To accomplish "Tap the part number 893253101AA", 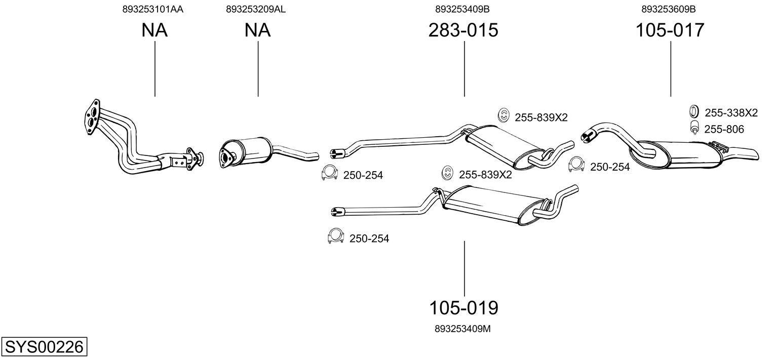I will pyautogui.click(x=152, y=9).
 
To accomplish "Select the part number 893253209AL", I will pyautogui.click(x=256, y=9).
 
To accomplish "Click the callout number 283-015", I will pyautogui.click(x=463, y=30).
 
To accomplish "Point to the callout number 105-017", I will pyautogui.click(x=670, y=30).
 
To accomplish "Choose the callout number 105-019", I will pyautogui.click(x=463, y=307).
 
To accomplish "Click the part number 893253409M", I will pyautogui.click(x=462, y=329).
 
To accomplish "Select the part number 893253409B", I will pyautogui.click(x=462, y=9).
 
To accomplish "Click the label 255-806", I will pyautogui.click(x=724, y=130).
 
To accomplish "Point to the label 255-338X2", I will pyautogui.click(x=731, y=113).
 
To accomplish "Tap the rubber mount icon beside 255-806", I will pyautogui.click(x=694, y=129).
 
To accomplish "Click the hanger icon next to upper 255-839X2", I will pyautogui.click(x=503, y=116).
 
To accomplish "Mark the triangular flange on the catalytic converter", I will pyautogui.click(x=226, y=154).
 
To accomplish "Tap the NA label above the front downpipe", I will pyautogui.click(x=154, y=30).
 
